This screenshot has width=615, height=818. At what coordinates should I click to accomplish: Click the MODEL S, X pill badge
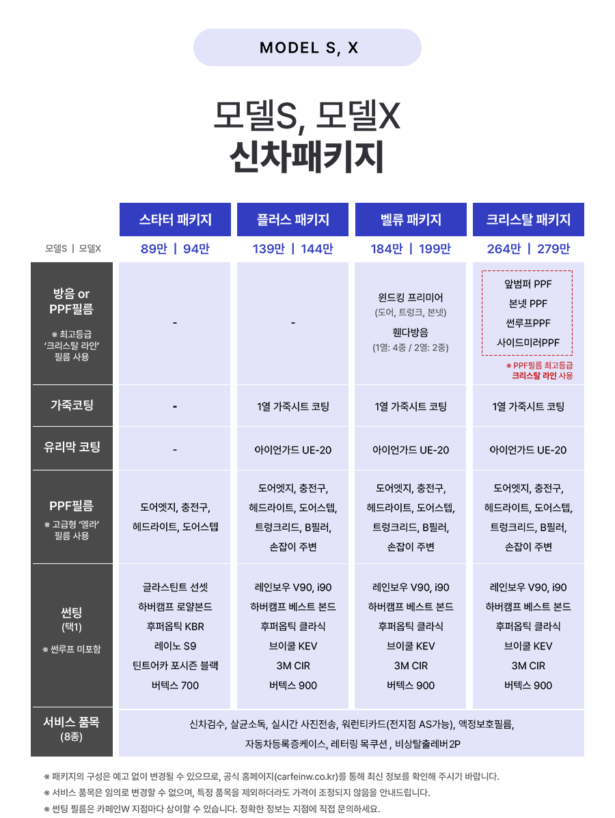point(307,48)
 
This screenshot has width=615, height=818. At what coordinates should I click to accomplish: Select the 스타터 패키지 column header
point(175,220)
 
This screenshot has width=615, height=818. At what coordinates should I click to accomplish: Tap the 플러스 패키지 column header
point(292,220)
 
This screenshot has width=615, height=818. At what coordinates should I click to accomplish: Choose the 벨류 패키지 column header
point(411,220)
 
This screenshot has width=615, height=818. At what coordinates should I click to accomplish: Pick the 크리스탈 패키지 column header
point(528,220)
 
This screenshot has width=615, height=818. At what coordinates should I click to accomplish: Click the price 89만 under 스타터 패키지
point(154,249)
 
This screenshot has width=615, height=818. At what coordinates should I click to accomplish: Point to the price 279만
point(553,249)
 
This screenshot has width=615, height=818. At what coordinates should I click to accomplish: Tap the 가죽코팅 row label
point(72,405)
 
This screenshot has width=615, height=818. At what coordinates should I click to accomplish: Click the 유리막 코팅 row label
point(72,447)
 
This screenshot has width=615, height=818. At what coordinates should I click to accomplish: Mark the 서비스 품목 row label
point(72,722)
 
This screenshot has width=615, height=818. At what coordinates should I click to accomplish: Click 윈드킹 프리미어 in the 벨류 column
point(411,297)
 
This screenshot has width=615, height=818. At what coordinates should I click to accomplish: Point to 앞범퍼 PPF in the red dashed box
point(528,284)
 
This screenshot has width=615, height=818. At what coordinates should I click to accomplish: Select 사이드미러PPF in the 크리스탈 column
point(528,343)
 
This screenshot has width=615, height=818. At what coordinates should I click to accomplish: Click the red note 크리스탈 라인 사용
point(542,376)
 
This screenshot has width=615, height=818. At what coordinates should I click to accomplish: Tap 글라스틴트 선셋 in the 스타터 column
point(175,587)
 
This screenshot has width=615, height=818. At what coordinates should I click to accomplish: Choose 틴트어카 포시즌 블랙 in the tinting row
point(175,666)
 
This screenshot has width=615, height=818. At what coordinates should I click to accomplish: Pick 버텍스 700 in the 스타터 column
point(175,686)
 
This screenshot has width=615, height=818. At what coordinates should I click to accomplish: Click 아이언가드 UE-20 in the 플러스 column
point(293,450)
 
